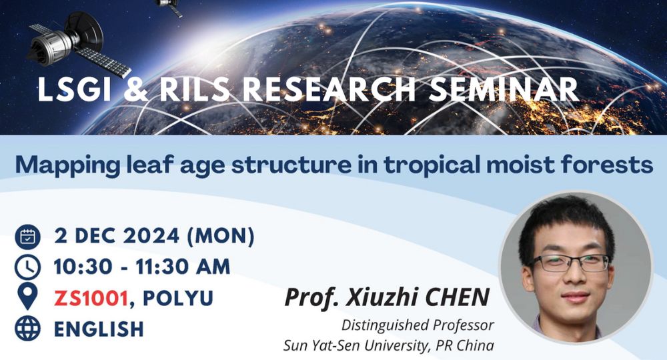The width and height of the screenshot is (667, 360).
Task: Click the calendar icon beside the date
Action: coord(27,236)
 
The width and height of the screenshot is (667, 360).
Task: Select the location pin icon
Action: coord(27,297)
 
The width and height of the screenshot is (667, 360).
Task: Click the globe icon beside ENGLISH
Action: coord(27,328)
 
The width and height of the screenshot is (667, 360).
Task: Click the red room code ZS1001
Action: coord(90,297)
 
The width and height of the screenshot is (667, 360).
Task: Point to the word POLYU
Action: coord(175,297)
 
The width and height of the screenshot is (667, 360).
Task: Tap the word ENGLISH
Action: coord(99,328)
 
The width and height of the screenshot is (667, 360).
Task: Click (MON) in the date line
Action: coord(221,236)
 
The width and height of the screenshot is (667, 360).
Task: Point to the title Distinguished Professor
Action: coord(418,326)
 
